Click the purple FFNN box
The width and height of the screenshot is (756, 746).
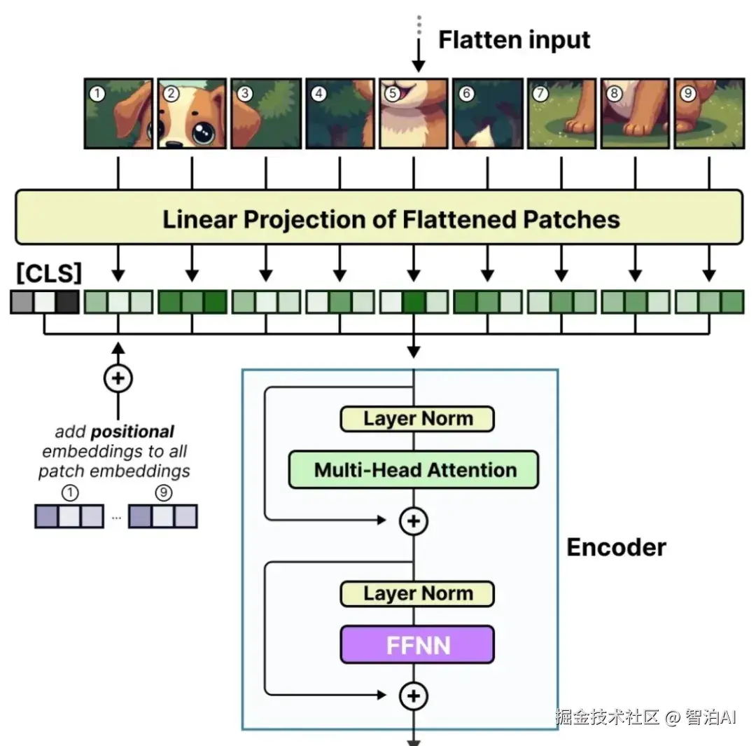pyautogui.click(x=417, y=644)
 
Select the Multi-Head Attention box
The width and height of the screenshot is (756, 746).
pyautogui.click(x=414, y=469)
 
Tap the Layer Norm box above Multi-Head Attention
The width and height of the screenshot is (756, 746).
pyautogui.click(x=417, y=419)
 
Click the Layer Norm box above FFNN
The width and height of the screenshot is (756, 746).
pyautogui.click(x=417, y=594)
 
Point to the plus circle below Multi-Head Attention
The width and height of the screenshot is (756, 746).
pyautogui.click(x=414, y=521)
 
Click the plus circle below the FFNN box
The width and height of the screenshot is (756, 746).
pyautogui.click(x=414, y=696)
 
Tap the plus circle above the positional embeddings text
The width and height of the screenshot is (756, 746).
pyautogui.click(x=118, y=378)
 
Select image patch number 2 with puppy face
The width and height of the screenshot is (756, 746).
pyautogui.click(x=192, y=113)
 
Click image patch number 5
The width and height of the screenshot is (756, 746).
pyautogui.click(x=414, y=113)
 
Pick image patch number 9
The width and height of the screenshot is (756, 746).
pyautogui.click(x=709, y=113)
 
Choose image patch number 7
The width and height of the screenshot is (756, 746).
pyautogui.click(x=561, y=113)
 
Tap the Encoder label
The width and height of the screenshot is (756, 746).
pyautogui.click(x=616, y=547)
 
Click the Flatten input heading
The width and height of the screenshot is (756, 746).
pyautogui.click(x=514, y=40)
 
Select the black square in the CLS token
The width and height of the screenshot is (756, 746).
pyautogui.click(x=68, y=302)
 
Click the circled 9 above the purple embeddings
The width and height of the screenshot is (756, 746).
pyautogui.click(x=163, y=493)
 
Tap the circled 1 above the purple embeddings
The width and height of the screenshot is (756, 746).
pyautogui.click(x=69, y=493)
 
